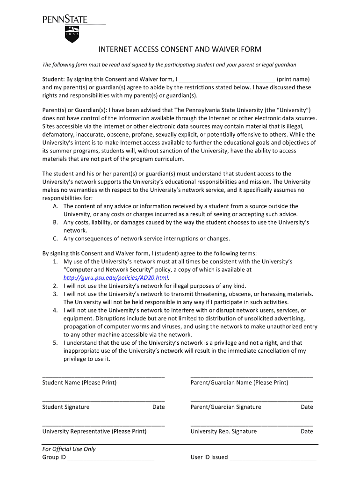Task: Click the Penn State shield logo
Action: tap(72, 34)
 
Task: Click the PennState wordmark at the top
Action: tap(66, 20)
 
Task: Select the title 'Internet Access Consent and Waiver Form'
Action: tap(180, 50)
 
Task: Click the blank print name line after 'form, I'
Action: tap(227, 80)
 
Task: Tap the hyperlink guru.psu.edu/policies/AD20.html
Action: tap(115, 277)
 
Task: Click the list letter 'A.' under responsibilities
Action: tap(56, 206)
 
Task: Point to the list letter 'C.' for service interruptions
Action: tap(56, 239)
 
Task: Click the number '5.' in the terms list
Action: tap(55, 343)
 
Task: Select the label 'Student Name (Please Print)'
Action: tap(79, 383)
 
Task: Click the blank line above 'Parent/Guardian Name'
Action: tap(252, 376)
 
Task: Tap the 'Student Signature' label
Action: tap(66, 407)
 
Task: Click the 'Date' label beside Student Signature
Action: tap(158, 407)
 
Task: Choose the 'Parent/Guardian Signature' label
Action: tap(226, 407)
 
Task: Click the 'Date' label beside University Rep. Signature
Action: tap(307, 431)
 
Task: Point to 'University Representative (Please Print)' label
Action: tap(94, 431)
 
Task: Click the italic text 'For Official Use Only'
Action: tap(69, 449)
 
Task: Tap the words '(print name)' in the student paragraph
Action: tap(293, 79)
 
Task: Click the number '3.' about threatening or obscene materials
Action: tap(55, 294)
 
